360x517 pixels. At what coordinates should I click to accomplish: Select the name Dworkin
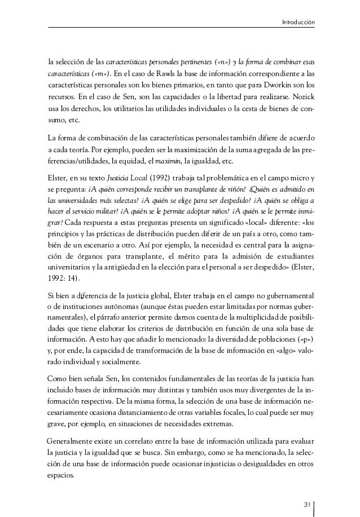point(283,85)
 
